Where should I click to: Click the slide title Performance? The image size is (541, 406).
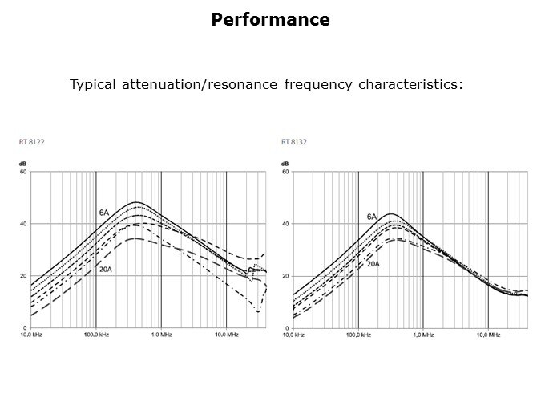[x=270, y=20]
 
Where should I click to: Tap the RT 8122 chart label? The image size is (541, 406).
[x=31, y=142]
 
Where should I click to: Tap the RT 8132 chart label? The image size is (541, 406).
[x=294, y=142]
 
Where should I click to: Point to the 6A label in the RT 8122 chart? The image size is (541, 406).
[x=104, y=213]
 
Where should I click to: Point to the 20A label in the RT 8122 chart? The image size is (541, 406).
[x=106, y=270]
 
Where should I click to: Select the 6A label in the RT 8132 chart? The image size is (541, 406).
[x=372, y=217]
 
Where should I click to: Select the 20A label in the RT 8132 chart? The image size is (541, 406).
[x=373, y=263]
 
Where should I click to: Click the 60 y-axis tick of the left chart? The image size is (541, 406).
[x=24, y=172]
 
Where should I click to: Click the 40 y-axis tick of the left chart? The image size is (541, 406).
[x=24, y=224]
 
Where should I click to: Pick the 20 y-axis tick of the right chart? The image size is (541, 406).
[x=287, y=276]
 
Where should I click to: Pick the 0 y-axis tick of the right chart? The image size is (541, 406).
[x=289, y=328]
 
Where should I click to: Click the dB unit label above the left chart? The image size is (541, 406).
[x=23, y=164]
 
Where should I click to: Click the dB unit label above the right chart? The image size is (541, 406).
[x=286, y=164]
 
